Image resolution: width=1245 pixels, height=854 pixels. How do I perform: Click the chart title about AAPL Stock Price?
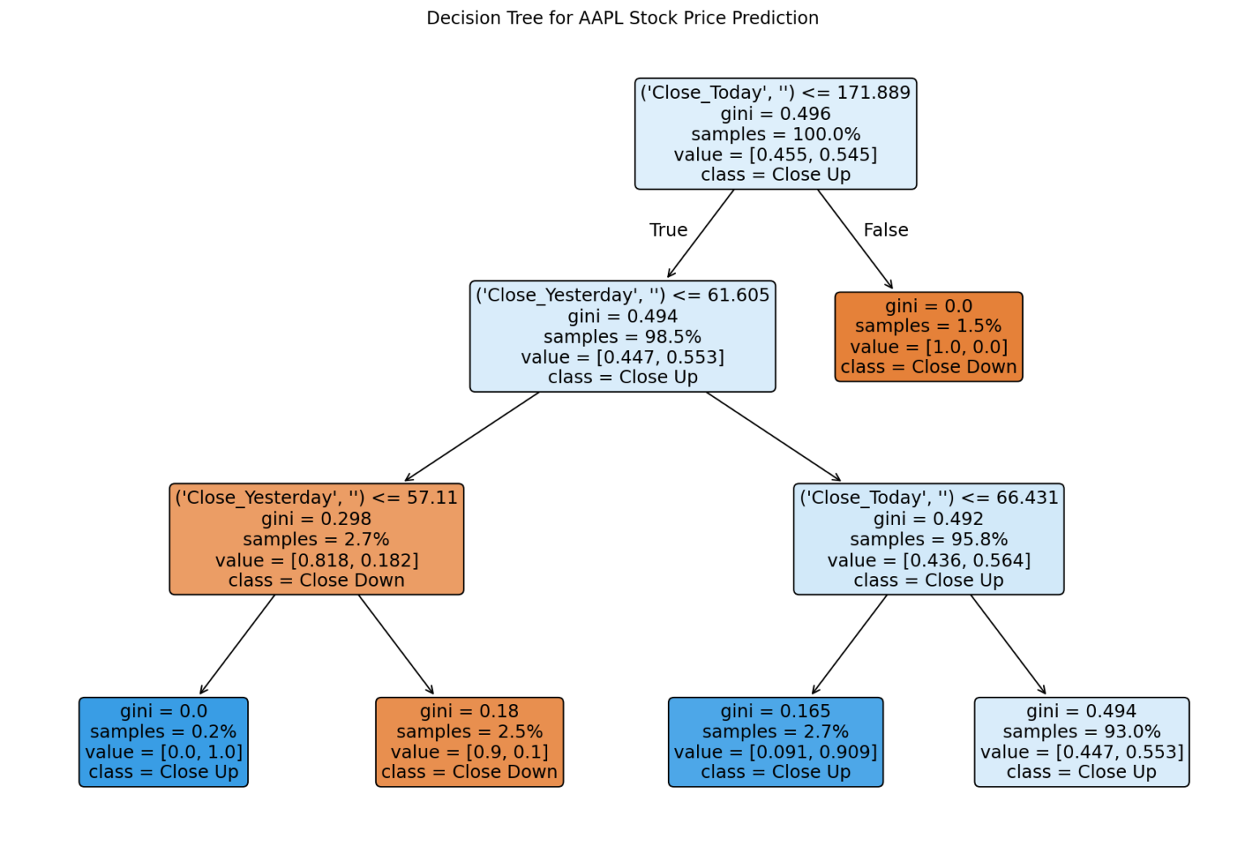click(x=622, y=18)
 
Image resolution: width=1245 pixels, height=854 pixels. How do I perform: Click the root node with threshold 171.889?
click(x=775, y=134)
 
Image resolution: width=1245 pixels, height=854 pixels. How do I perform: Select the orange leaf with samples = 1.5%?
click(x=928, y=336)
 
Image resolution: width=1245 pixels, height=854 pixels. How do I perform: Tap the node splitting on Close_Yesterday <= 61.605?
click(x=622, y=336)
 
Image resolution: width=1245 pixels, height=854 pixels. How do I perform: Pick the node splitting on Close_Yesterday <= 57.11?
click(x=316, y=539)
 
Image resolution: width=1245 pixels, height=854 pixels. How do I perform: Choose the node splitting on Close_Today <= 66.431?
click(x=928, y=539)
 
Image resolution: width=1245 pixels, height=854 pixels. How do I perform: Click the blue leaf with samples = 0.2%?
click(x=163, y=741)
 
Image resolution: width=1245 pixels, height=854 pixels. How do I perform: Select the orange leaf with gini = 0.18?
click(x=469, y=741)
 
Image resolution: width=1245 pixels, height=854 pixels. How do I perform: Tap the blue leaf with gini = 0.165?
click(x=775, y=741)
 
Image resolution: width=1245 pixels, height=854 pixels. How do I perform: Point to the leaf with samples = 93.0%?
click(x=1081, y=741)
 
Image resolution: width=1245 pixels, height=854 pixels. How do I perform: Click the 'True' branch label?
click(x=668, y=230)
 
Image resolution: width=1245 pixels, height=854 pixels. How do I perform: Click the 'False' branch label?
click(x=885, y=230)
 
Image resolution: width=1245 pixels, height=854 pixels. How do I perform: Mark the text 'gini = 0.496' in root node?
click(x=775, y=114)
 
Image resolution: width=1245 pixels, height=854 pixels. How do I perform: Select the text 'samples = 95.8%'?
click(x=928, y=540)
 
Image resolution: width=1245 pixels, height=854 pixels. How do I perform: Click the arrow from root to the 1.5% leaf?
click(x=854, y=239)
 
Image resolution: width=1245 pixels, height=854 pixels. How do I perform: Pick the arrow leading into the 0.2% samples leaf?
click(x=237, y=645)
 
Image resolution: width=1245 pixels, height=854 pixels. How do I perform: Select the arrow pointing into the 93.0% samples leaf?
click(x=1008, y=645)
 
